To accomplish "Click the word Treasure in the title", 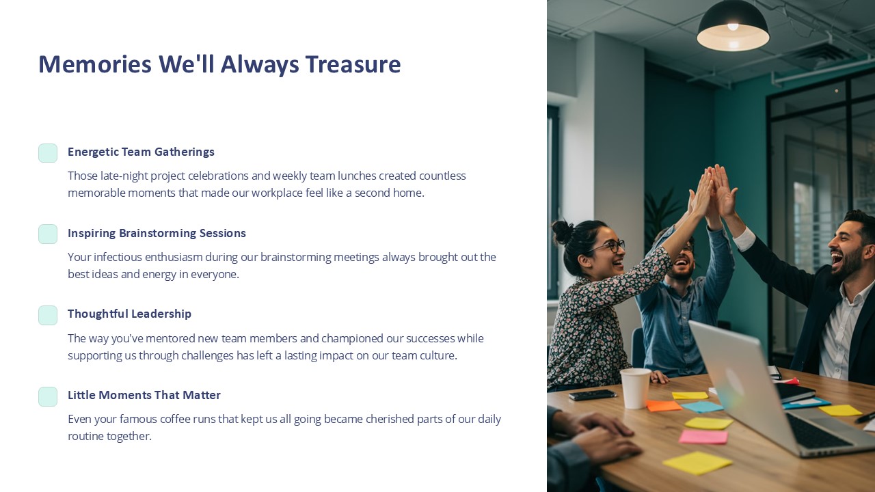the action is [x=353, y=64].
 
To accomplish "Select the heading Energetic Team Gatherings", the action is [x=141, y=152].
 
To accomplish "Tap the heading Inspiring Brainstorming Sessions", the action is [x=157, y=233].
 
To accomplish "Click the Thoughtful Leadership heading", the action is [x=129, y=314].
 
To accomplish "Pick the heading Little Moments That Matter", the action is [x=144, y=395].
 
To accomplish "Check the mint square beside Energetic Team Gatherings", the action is [x=48, y=153].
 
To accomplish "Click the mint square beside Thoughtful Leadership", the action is [x=48, y=315].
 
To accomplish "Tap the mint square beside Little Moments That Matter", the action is [x=48, y=396].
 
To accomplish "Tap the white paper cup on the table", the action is [x=636, y=387].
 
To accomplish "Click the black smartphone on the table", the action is [x=592, y=395].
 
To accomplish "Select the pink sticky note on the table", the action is [x=703, y=437].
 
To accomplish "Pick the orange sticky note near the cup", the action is [x=664, y=406].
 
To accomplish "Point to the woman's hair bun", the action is [x=563, y=231].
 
